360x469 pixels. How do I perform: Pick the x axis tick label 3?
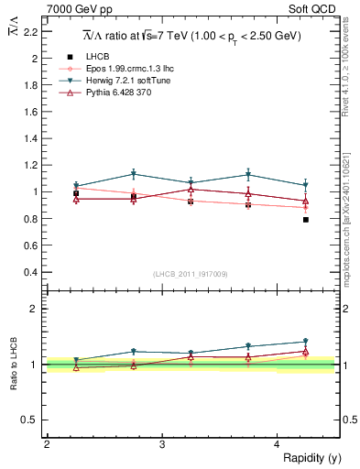coord(162,444)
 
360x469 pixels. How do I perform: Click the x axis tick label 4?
coord(278,444)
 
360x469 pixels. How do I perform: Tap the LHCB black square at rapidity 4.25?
coord(306,220)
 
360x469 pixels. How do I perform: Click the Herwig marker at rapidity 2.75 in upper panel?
coord(134,174)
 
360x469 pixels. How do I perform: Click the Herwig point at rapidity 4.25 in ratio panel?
coord(306,342)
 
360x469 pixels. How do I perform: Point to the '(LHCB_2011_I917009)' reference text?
coord(191,274)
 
